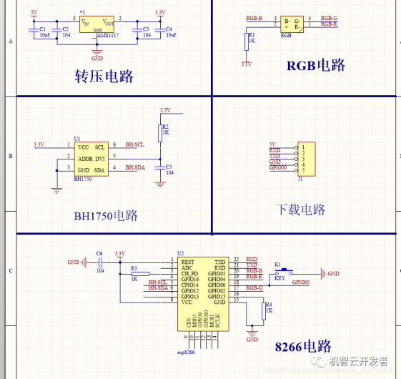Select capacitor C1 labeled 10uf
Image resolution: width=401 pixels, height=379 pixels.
pyautogui.click(x=31, y=29)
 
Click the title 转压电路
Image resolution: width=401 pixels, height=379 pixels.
pyautogui.click(x=104, y=77)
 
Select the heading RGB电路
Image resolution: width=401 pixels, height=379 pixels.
pyautogui.click(x=316, y=66)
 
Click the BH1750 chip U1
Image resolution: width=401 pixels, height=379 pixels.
pyautogui.click(x=91, y=158)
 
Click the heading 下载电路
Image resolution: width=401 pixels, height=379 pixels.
pyautogui.click(x=300, y=210)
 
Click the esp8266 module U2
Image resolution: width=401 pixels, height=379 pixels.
pyautogui.click(x=204, y=293)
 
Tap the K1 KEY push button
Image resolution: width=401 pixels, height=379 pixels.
pyautogui.click(x=279, y=271)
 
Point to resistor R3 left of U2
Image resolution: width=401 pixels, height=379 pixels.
pyautogui.click(x=140, y=274)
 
